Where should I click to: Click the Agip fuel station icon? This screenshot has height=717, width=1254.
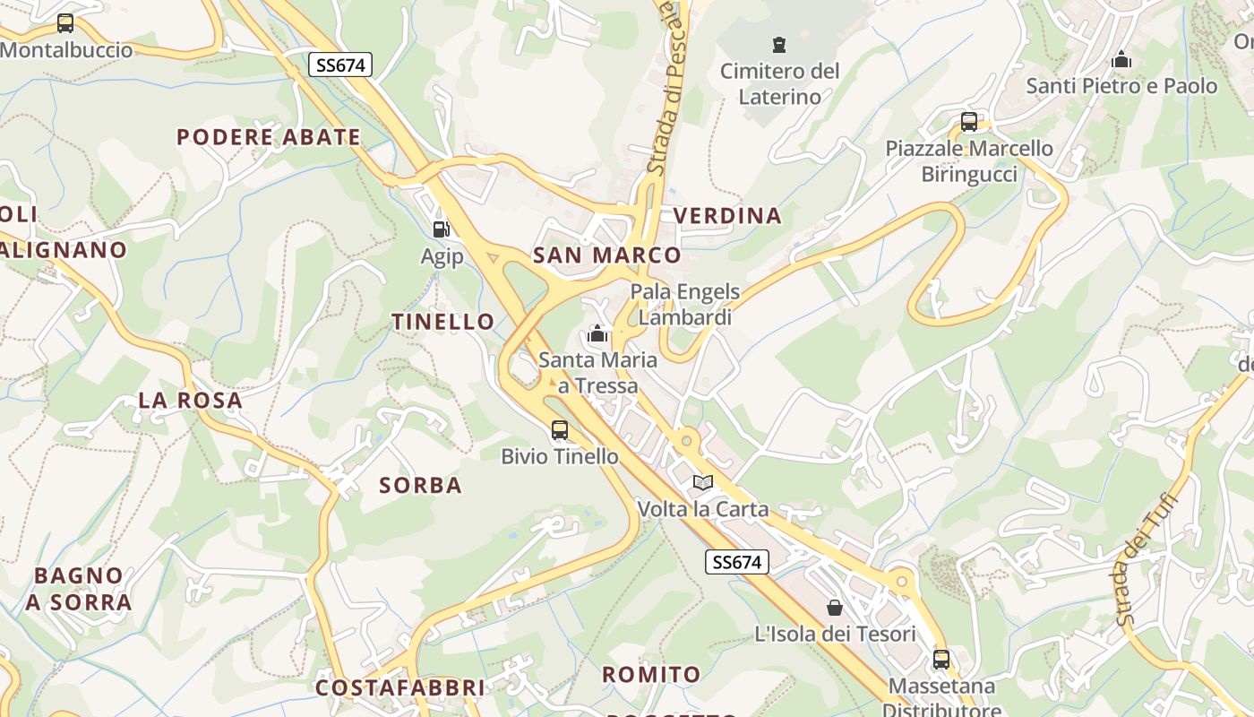coord(440,229)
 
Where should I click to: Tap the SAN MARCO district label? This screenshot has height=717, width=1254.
coord(606,255)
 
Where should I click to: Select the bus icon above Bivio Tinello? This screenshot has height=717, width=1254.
coord(560,430)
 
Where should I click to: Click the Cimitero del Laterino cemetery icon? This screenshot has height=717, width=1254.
coord(779,44)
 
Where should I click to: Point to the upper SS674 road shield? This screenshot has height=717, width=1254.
coord(339,65)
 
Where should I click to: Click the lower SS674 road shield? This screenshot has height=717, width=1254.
coord(737,562)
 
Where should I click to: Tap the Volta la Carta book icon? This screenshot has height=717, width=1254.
coord(703,483)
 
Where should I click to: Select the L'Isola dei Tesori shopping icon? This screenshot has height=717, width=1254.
coord(835,608)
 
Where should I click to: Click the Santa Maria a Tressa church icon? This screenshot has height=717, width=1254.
coord(597,335)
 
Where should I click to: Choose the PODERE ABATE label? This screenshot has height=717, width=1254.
coord(269,137)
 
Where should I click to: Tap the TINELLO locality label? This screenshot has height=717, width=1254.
coord(442,322)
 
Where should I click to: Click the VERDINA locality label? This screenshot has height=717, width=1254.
coord(727,216)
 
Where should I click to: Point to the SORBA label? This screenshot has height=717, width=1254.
coord(420,486)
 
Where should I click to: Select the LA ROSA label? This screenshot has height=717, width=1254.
coord(191,401)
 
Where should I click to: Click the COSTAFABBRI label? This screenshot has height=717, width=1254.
coord(399,688)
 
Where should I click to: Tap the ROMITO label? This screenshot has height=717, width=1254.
coord(651,675)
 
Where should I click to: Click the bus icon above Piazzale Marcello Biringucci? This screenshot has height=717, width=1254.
coord(968,122)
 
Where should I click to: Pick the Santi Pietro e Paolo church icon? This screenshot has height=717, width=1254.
coord(1121,61)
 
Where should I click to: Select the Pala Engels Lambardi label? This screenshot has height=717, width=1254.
coord(685,304)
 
